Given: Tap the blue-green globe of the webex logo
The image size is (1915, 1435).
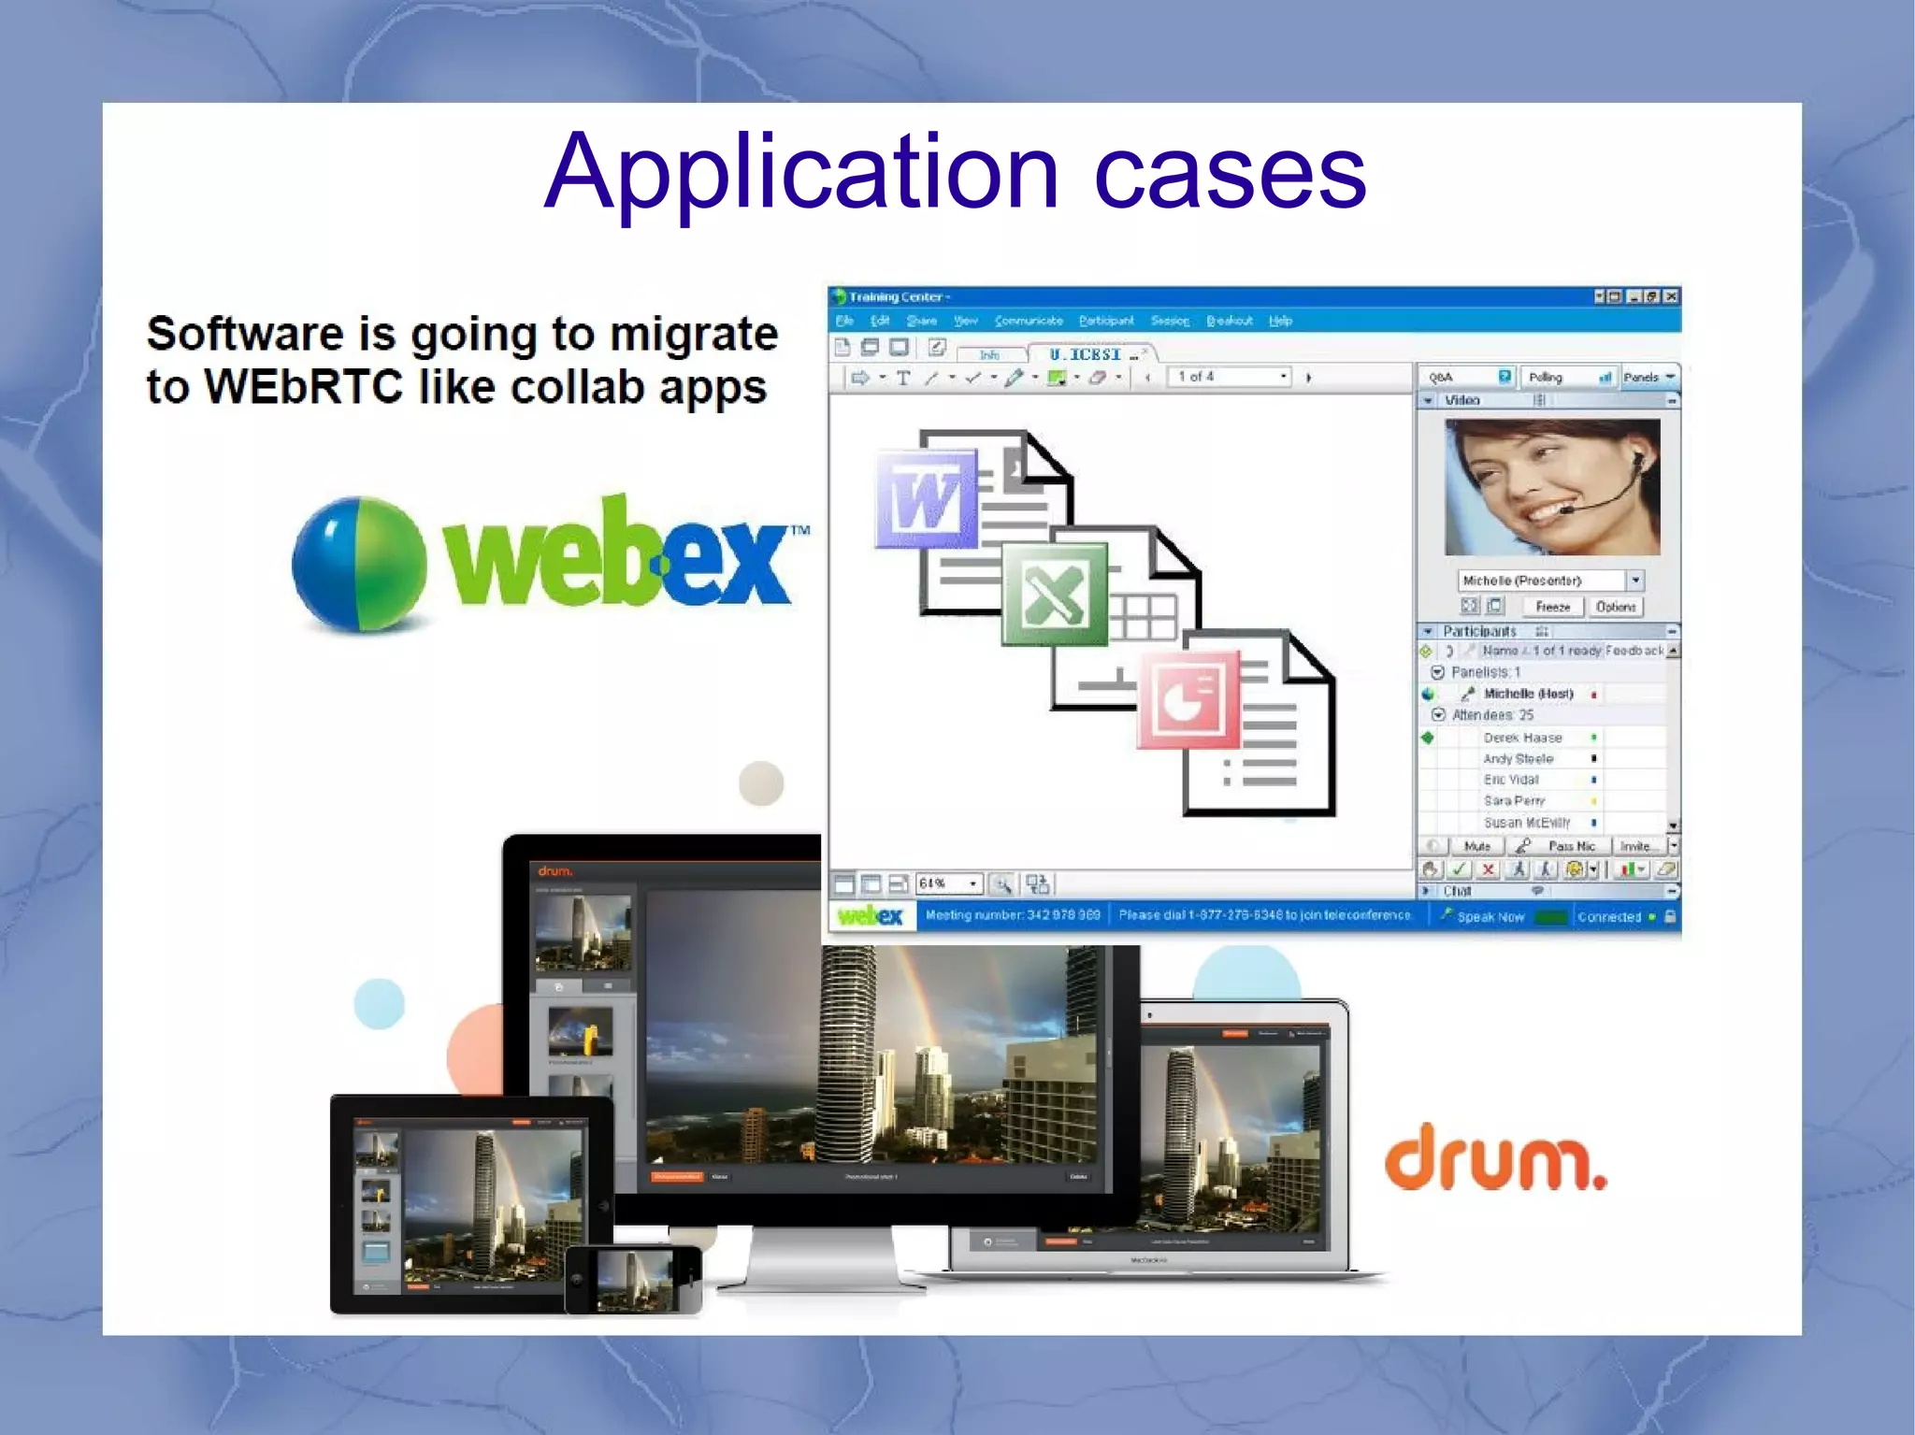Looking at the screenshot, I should [x=359, y=564].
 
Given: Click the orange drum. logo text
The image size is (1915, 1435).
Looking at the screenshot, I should [x=1494, y=1158].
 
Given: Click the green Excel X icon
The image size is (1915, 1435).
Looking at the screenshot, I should [x=1054, y=595].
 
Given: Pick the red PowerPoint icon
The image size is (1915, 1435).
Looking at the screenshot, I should [x=1188, y=700].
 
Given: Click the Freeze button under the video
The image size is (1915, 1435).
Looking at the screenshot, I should [x=1552, y=607].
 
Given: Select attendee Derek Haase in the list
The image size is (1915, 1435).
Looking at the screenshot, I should [x=1522, y=738].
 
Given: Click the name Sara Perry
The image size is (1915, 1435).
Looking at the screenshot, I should [x=1514, y=801].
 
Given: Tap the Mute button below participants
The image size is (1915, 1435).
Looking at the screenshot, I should [x=1477, y=846].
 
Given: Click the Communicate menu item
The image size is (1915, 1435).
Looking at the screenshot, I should [x=1029, y=321].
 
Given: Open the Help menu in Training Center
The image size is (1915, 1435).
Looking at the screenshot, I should [x=1280, y=321].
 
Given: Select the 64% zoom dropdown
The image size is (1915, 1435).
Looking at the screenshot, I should [x=947, y=883].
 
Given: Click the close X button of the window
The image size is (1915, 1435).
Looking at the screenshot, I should [x=1671, y=296].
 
